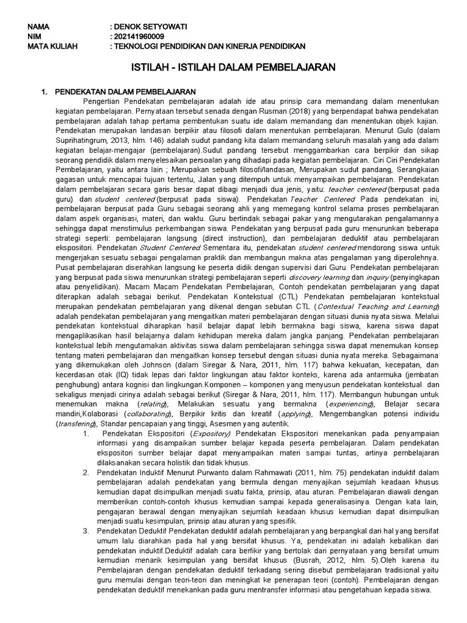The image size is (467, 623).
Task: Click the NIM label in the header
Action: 37,37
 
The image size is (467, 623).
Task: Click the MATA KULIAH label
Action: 53,46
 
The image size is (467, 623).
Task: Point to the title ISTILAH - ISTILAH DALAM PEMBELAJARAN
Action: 233,68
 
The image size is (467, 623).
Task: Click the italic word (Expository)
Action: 210,433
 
